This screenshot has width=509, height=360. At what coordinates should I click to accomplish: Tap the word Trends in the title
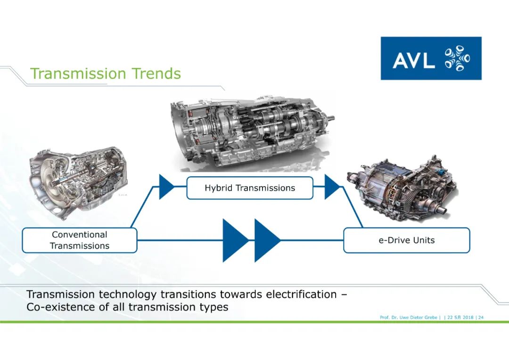[x=156, y=74]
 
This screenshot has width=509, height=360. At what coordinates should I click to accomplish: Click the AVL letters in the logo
[x=414, y=60]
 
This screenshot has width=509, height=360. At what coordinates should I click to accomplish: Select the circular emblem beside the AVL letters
[x=457, y=58]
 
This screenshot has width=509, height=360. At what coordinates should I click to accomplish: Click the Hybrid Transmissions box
[x=250, y=188]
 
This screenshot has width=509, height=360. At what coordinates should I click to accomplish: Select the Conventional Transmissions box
[x=80, y=240]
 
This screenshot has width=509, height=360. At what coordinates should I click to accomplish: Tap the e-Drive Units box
[x=406, y=240]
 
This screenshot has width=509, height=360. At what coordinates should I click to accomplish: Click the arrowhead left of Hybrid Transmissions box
[x=166, y=187]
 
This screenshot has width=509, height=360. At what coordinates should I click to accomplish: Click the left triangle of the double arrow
[x=235, y=240]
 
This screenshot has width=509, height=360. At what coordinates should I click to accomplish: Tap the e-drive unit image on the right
[x=402, y=188]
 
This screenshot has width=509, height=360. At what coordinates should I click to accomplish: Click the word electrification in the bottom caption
[x=301, y=295]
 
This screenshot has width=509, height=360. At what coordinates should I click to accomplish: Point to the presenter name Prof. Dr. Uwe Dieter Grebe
[x=409, y=318]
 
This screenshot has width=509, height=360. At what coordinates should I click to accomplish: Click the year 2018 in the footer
[x=468, y=318]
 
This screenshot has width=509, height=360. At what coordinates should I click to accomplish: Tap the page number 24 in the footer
[x=481, y=318]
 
